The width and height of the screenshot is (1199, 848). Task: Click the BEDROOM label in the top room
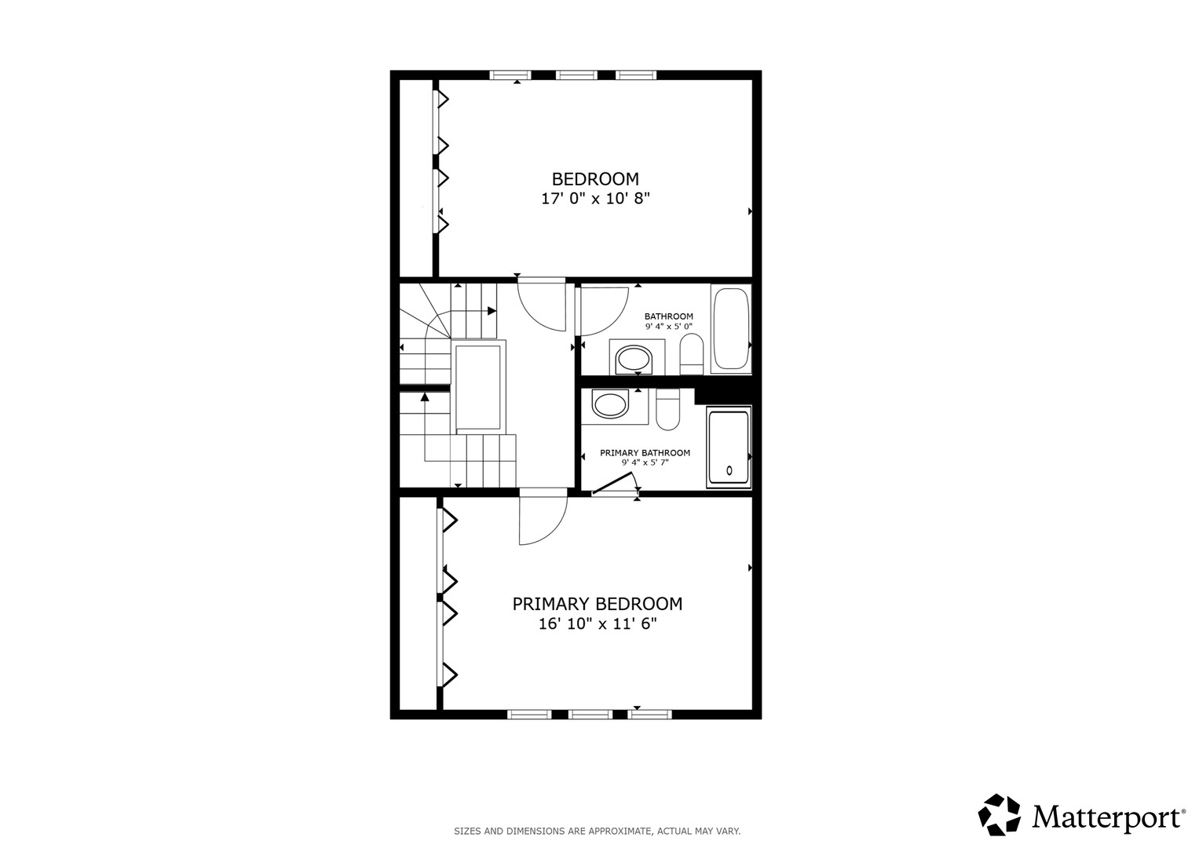pos(595,179)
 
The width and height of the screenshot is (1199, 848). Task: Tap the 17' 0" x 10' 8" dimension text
pos(595,199)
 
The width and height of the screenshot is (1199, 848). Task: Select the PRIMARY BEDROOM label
pos(598,604)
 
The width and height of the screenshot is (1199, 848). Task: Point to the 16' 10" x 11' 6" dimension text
pos(598,624)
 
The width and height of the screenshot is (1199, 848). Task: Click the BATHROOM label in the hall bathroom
pos(668,316)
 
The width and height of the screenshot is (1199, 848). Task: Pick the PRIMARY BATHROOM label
pos(645,453)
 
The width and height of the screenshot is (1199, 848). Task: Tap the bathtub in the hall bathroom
pos(731,329)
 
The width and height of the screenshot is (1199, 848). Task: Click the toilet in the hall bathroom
pos(692,353)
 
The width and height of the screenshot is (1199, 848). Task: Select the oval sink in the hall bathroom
pos(634,360)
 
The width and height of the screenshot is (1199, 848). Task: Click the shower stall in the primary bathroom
pos(729,447)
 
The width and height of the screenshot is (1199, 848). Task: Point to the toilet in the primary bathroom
pos(667,410)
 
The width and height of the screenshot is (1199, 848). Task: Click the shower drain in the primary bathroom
pos(729,470)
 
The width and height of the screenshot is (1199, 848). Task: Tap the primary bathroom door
pos(613,484)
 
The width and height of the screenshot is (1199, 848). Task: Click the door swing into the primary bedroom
pos(543,517)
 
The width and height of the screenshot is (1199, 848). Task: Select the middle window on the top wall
pos(576,75)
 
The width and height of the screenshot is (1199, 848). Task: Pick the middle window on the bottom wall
pos(590,715)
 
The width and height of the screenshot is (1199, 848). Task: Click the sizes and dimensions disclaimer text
pos(598,832)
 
